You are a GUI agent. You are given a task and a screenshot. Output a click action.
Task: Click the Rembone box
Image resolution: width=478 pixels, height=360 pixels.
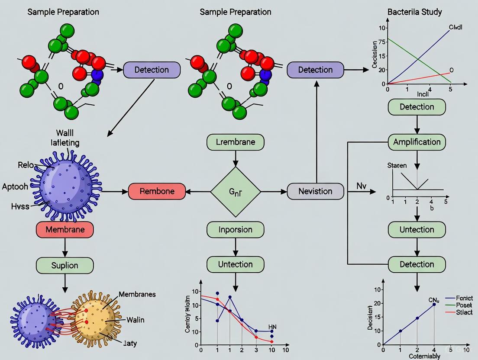tap(157, 191)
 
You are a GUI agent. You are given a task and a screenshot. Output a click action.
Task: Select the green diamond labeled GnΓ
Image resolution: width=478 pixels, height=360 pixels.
tap(235, 191)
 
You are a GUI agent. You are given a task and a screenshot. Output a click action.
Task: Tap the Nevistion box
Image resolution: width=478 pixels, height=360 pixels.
tap(315, 191)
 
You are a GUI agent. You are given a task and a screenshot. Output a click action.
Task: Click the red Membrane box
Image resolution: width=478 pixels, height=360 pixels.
tap(65, 229)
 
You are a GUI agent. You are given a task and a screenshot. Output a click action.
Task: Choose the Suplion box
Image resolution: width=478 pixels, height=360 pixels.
tap(65, 265)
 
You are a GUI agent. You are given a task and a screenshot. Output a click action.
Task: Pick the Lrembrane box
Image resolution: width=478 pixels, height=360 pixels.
tap(235, 142)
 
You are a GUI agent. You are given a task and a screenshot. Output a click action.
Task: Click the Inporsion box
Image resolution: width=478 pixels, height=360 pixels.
tap(235, 229)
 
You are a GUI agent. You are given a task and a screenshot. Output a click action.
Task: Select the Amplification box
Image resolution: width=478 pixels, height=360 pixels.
tap(417, 142)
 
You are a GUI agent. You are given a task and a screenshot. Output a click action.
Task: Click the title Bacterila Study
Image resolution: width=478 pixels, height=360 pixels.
tap(415, 12)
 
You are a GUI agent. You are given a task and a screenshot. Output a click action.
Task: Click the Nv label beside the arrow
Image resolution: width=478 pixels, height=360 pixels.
tap(362, 186)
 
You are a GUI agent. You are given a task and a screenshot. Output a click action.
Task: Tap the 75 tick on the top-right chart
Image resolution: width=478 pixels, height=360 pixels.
tap(381, 42)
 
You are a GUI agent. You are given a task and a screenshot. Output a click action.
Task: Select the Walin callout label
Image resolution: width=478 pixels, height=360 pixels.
tap(135, 320)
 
